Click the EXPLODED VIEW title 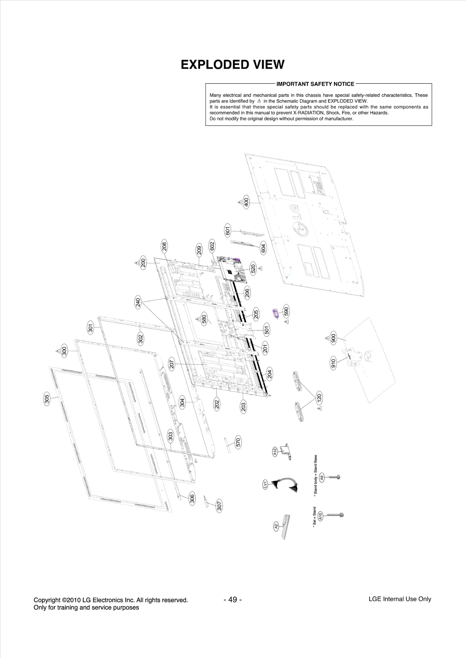point(232,65)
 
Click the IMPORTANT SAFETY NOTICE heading point(315,84)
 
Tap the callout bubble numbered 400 point(246,202)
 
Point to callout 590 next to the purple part point(286,312)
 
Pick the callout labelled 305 point(47,398)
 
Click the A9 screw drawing point(334,477)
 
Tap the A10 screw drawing point(335,514)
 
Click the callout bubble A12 point(275,452)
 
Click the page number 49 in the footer point(232,600)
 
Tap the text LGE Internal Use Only point(400,599)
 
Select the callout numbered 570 point(238,443)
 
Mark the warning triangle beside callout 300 point(58,351)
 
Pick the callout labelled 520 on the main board point(253,268)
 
